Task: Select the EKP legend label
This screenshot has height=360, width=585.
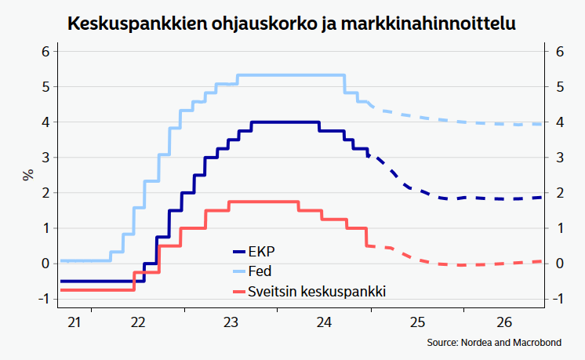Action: [262, 253]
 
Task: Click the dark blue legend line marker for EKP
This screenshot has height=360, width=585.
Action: [238, 253]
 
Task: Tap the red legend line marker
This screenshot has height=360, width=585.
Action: [238, 291]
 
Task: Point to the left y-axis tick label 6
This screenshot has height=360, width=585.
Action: [45, 52]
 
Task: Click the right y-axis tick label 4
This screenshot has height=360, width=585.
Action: [559, 122]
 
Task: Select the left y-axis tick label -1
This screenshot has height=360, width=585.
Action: [43, 299]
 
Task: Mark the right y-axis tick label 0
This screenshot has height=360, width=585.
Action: [559, 264]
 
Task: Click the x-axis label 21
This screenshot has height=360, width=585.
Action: [75, 322]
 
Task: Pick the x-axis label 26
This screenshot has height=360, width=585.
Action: [503, 322]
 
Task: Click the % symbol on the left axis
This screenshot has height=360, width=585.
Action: [28, 174]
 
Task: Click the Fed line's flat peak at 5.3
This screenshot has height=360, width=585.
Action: [290, 75]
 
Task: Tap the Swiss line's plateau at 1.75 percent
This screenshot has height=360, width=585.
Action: [263, 202]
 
